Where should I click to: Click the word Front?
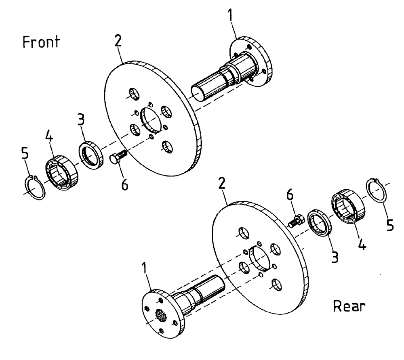pyautogui.click(x=40, y=42)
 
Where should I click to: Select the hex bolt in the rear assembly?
pyautogui.click(x=296, y=221)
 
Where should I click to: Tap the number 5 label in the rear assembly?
pyautogui.click(x=389, y=226)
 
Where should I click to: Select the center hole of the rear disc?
pyautogui.click(x=260, y=260)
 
